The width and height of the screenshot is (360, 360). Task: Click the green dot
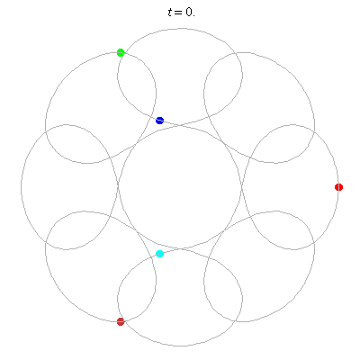click(x=121, y=52)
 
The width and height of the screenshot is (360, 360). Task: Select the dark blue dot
click(x=159, y=121)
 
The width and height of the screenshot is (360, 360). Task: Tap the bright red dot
click(x=338, y=187)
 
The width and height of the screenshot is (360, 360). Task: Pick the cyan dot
click(x=159, y=254)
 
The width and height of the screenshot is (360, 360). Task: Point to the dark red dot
click(x=121, y=321)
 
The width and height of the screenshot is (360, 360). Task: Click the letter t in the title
click(x=170, y=13)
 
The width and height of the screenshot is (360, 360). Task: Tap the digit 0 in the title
click(x=188, y=13)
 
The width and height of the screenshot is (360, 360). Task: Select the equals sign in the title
click(x=179, y=13)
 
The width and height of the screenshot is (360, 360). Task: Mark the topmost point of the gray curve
click(x=181, y=29)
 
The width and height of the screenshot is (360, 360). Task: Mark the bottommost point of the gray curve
click(x=181, y=346)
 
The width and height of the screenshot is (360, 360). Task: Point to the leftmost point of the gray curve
click(x=21, y=187)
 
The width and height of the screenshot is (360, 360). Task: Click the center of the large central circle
click(x=180, y=187)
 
